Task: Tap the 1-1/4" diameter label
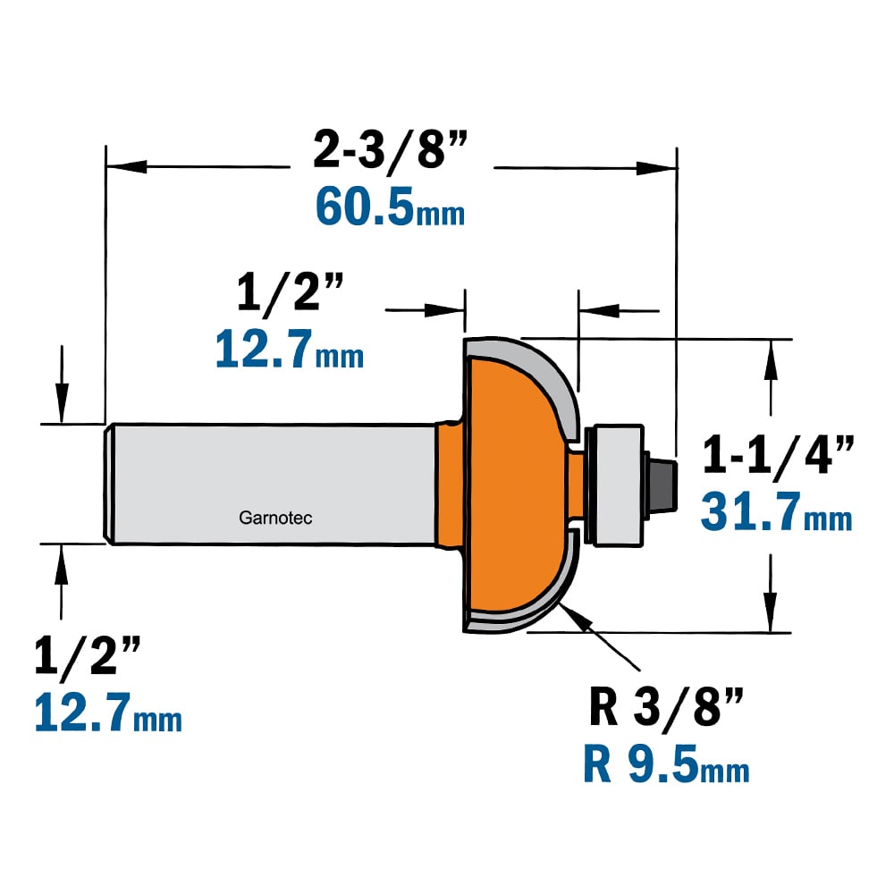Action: (x=779, y=454)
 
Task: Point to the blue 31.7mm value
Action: (x=777, y=511)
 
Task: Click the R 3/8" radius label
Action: (x=666, y=707)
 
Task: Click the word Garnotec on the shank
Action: (x=275, y=518)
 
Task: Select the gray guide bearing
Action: (x=615, y=485)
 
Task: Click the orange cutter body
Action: (x=513, y=485)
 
